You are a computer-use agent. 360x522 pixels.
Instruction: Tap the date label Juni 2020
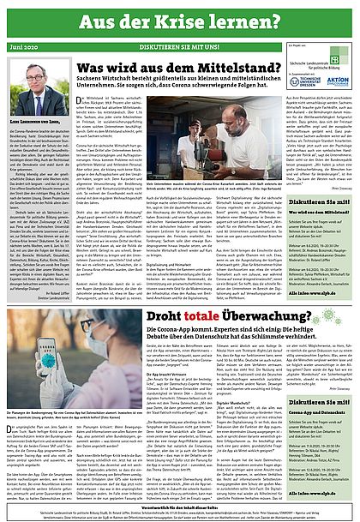pos(26,48)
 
